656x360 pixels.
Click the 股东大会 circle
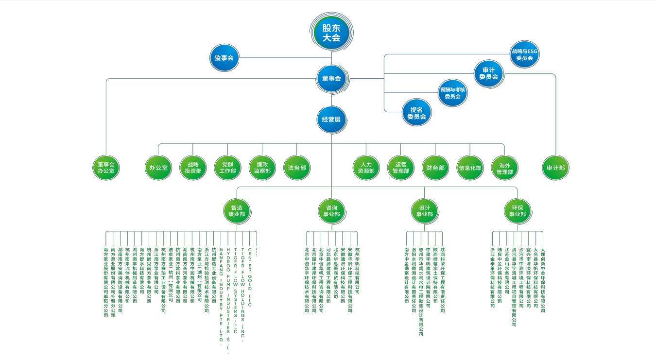tap(331, 33)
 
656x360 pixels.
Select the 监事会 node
tap(224, 58)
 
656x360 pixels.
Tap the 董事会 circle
tap(331, 78)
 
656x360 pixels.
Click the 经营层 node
tap(331, 119)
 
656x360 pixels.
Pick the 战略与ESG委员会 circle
tap(524, 54)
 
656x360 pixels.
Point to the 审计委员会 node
tap(488, 73)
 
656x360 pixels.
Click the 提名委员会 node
tap(416, 113)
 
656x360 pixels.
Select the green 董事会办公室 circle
tap(106, 168)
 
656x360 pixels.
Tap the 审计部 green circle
tap(555, 168)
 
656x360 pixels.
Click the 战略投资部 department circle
tap(193, 168)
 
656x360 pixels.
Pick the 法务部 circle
tap(297, 168)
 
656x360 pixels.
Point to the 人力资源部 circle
tap(366, 168)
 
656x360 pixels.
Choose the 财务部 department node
tap(435, 168)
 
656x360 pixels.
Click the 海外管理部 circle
tap(504, 168)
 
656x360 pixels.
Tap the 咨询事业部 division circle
tap(331, 211)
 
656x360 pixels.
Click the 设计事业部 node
tap(424, 211)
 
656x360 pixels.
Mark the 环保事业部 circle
tap(517, 211)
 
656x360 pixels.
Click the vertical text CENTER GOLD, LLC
tap(250, 277)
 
